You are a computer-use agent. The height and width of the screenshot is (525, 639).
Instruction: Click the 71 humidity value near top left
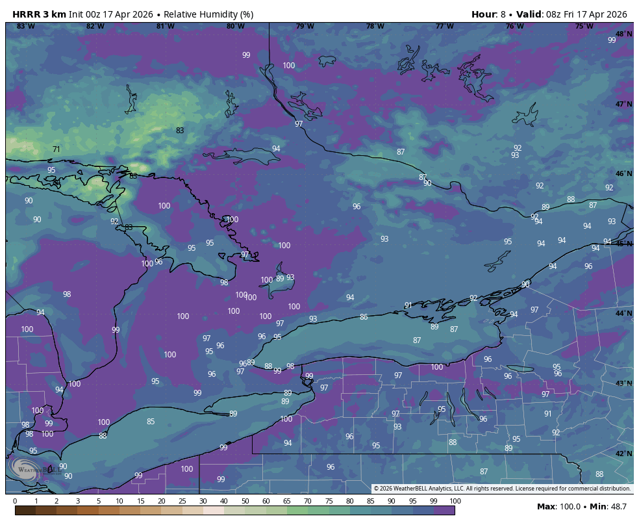click(56, 149)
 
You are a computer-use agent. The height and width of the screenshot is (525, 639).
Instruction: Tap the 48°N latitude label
click(623, 34)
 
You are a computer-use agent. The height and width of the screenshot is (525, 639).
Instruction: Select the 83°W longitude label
click(25, 26)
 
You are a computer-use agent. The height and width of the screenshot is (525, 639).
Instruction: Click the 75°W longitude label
click(584, 26)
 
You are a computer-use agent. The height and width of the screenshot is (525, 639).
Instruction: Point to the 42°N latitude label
click(623, 454)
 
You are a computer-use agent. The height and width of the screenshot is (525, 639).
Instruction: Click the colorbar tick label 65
click(287, 501)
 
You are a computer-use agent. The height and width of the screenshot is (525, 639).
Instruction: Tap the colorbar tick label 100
click(455, 501)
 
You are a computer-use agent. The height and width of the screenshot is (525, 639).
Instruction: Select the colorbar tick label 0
click(15, 501)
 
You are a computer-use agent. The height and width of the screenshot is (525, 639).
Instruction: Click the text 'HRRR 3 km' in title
click(39, 14)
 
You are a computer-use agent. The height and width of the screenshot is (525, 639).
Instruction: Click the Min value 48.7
click(618, 506)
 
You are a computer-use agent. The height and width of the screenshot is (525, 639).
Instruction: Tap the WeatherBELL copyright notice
click(502, 489)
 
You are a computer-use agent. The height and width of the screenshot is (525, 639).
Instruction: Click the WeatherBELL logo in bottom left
click(32, 468)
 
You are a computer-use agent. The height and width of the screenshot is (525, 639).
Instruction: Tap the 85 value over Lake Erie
click(151, 421)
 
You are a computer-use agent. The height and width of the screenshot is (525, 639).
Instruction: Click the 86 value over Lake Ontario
click(364, 317)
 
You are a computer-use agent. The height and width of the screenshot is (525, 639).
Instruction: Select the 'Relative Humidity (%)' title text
click(208, 14)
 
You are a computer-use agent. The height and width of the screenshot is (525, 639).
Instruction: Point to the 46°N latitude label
click(623, 173)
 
